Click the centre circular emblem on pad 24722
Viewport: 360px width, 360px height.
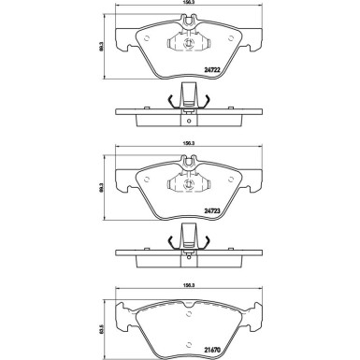[x=188, y=44]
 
